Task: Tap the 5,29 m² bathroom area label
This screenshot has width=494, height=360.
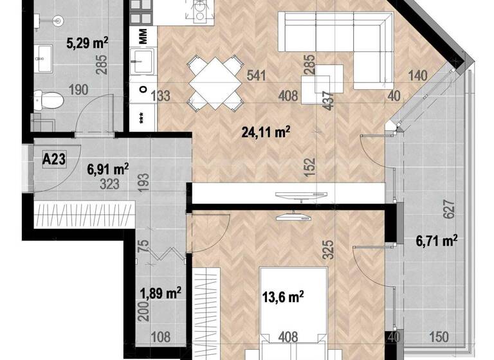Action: coord(87,44)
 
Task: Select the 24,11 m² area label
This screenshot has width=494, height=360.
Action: coord(266,133)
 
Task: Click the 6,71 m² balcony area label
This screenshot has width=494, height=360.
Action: coord(437,240)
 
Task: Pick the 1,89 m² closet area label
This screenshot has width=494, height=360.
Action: coord(160,293)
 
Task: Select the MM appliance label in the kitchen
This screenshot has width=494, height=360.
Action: coord(143,34)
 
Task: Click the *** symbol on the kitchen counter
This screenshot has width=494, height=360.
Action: coord(142,118)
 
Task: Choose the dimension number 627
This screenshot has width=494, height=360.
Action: coord(450,208)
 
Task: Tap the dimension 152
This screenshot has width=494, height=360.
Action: coord(311,168)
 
